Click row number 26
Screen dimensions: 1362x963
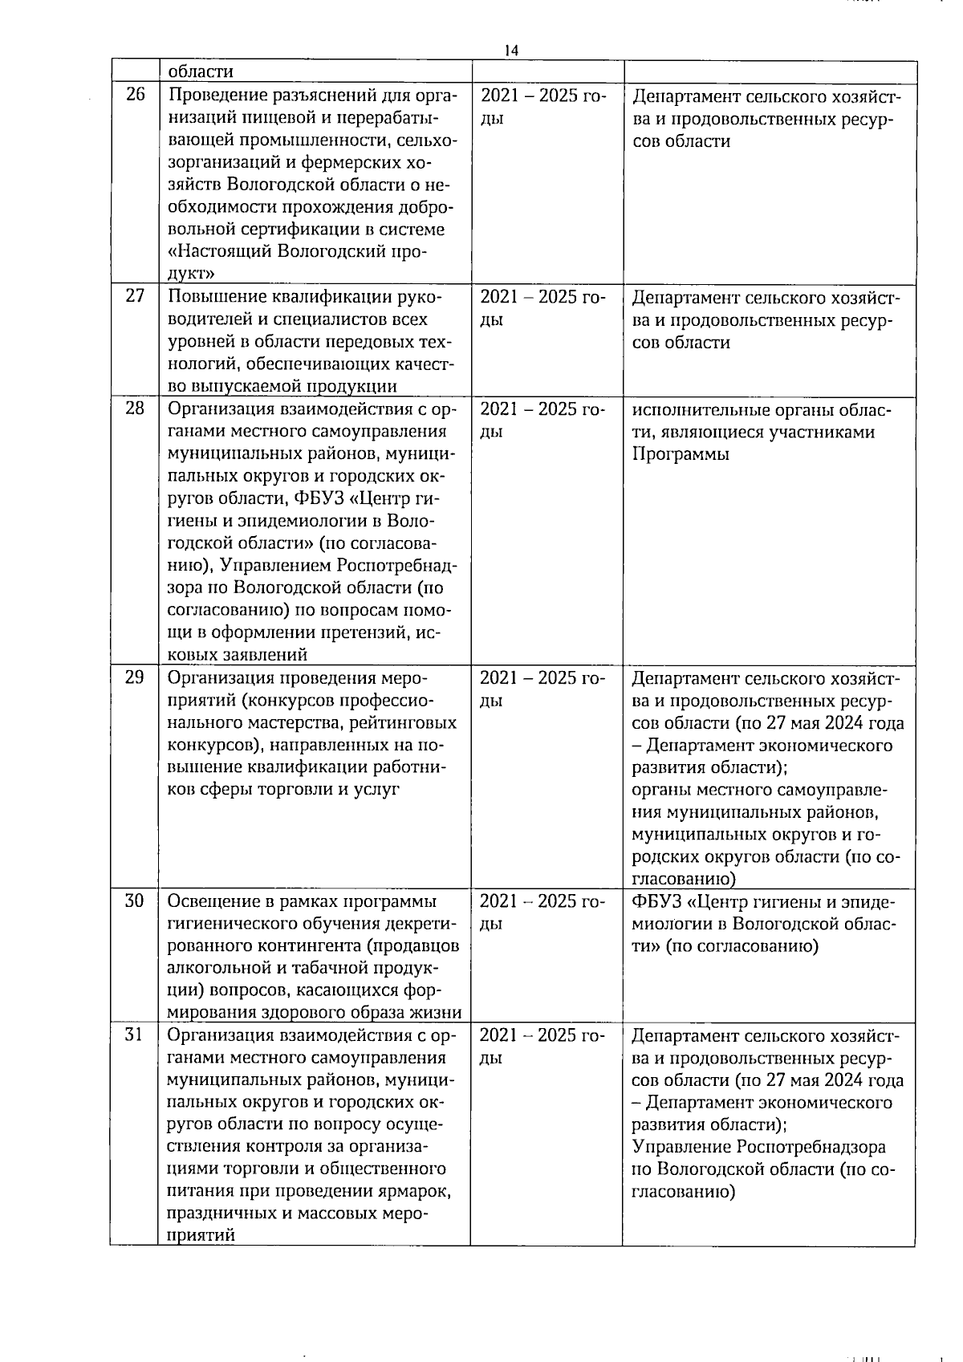pyautogui.click(x=135, y=95)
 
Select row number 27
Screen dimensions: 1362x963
pyautogui.click(x=135, y=295)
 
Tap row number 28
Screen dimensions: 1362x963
pyautogui.click(x=135, y=408)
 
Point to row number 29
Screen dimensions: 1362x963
pyautogui.click(x=135, y=677)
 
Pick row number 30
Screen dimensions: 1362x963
pyautogui.click(x=135, y=901)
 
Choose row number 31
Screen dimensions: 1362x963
pyautogui.click(x=135, y=1035)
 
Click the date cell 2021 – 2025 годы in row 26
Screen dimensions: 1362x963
pyautogui.click(x=542, y=107)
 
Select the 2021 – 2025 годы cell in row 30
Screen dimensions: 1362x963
pyautogui.click(x=542, y=912)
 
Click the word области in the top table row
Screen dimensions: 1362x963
pyautogui.click(x=201, y=71)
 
